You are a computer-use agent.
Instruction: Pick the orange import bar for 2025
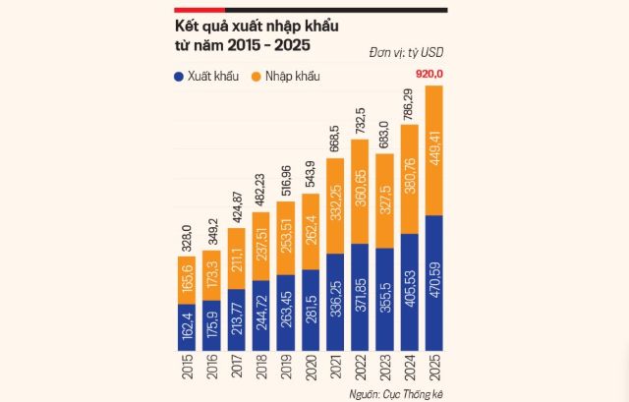(434, 149)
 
